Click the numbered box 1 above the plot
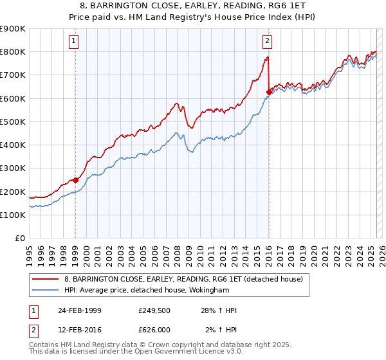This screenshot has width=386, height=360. (x=75, y=42)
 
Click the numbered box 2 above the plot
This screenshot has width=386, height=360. (x=267, y=42)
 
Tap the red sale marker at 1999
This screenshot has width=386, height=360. (x=75, y=180)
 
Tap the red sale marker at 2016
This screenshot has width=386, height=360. (x=268, y=93)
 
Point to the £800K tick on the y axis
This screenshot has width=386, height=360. (x=13, y=52)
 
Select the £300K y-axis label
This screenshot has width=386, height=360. (x=13, y=168)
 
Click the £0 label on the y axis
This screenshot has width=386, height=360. (x=20, y=239)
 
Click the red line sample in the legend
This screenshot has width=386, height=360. (x=45, y=278)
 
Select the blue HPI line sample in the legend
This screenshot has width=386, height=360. (x=45, y=289)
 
